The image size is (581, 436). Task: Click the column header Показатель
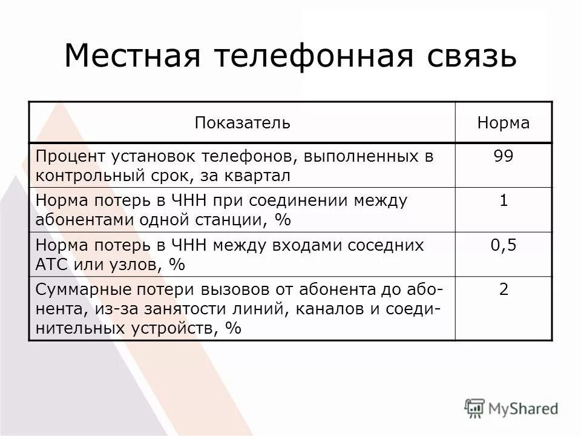242,123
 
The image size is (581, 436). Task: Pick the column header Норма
504,123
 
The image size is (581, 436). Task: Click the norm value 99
504,156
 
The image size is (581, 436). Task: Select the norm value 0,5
504,245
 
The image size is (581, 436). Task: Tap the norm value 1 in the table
504,200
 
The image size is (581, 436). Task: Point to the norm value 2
504,289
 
